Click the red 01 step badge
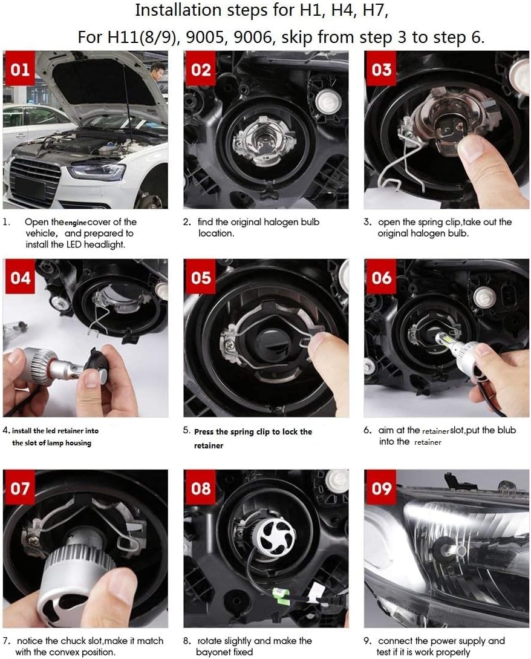pyautogui.click(x=19, y=68)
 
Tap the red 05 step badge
pyautogui.click(x=200, y=277)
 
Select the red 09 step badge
pyautogui.click(x=380, y=488)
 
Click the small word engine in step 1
pyautogui.click(x=75, y=223)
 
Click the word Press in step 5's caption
pyautogui.click(x=204, y=431)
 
